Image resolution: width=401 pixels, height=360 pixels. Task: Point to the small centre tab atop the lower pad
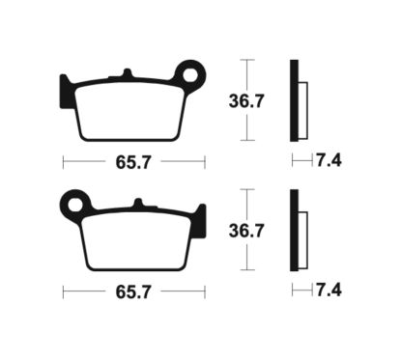(x=139, y=204)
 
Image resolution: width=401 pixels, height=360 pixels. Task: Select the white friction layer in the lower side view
(x=303, y=228)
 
